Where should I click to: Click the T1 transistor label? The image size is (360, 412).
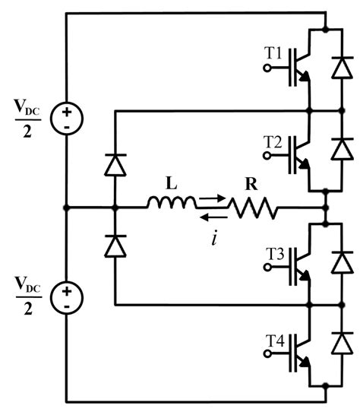pyautogui.click(x=273, y=54)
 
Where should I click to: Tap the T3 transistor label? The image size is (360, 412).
pyautogui.click(x=273, y=252)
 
